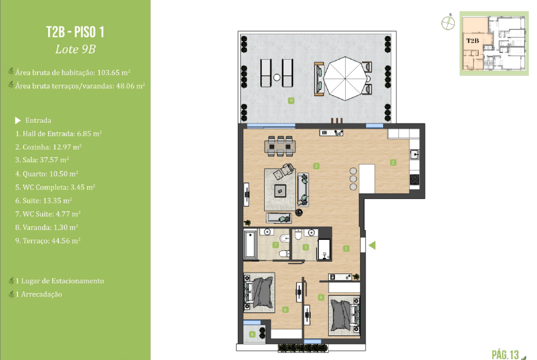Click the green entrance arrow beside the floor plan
pyautogui.click(x=372, y=245)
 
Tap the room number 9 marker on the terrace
pyautogui.click(x=291, y=100)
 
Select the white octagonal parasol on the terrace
pyautogui.click(x=345, y=79)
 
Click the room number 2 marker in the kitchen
pyautogui.click(x=393, y=162)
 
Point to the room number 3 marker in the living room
pyautogui.click(x=316, y=166)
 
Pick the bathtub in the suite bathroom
pyautogui.click(x=250, y=245)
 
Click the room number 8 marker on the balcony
pyautogui.click(x=252, y=334)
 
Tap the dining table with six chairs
pyautogui.click(x=280, y=146)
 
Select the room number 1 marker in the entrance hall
pyautogui.click(x=346, y=249)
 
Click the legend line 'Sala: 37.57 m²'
pyautogui.click(x=42, y=160)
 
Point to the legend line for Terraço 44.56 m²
pyautogui.click(x=48, y=241)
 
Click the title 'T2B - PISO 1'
pyautogui.click(x=75, y=32)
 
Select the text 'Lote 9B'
pyautogui.click(x=75, y=49)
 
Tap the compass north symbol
pyautogui.click(x=448, y=23)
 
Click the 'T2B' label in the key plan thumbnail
pyautogui.click(x=473, y=41)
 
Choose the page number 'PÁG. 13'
pyautogui.click(x=505, y=354)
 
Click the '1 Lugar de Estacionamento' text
pyautogui.click(x=60, y=281)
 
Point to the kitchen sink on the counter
pyautogui.click(x=414, y=155)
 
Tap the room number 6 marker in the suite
pyautogui.click(x=285, y=310)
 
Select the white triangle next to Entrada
pyautogui.click(x=18, y=121)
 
